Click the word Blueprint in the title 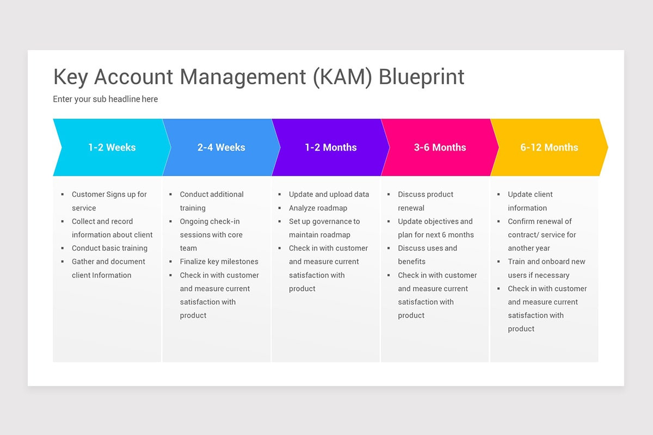[422, 77]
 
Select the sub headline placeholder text [106, 99]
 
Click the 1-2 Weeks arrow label [112, 147]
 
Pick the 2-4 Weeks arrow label [221, 147]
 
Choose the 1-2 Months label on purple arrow [331, 147]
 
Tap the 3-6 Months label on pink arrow [440, 147]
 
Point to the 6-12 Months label [549, 147]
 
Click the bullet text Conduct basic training [109, 248]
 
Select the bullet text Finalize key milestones [219, 262]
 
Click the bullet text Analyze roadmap [318, 208]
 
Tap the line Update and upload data [329, 194]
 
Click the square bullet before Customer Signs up [63, 195]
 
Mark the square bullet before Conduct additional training [171, 195]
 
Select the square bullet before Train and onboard [498, 262]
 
